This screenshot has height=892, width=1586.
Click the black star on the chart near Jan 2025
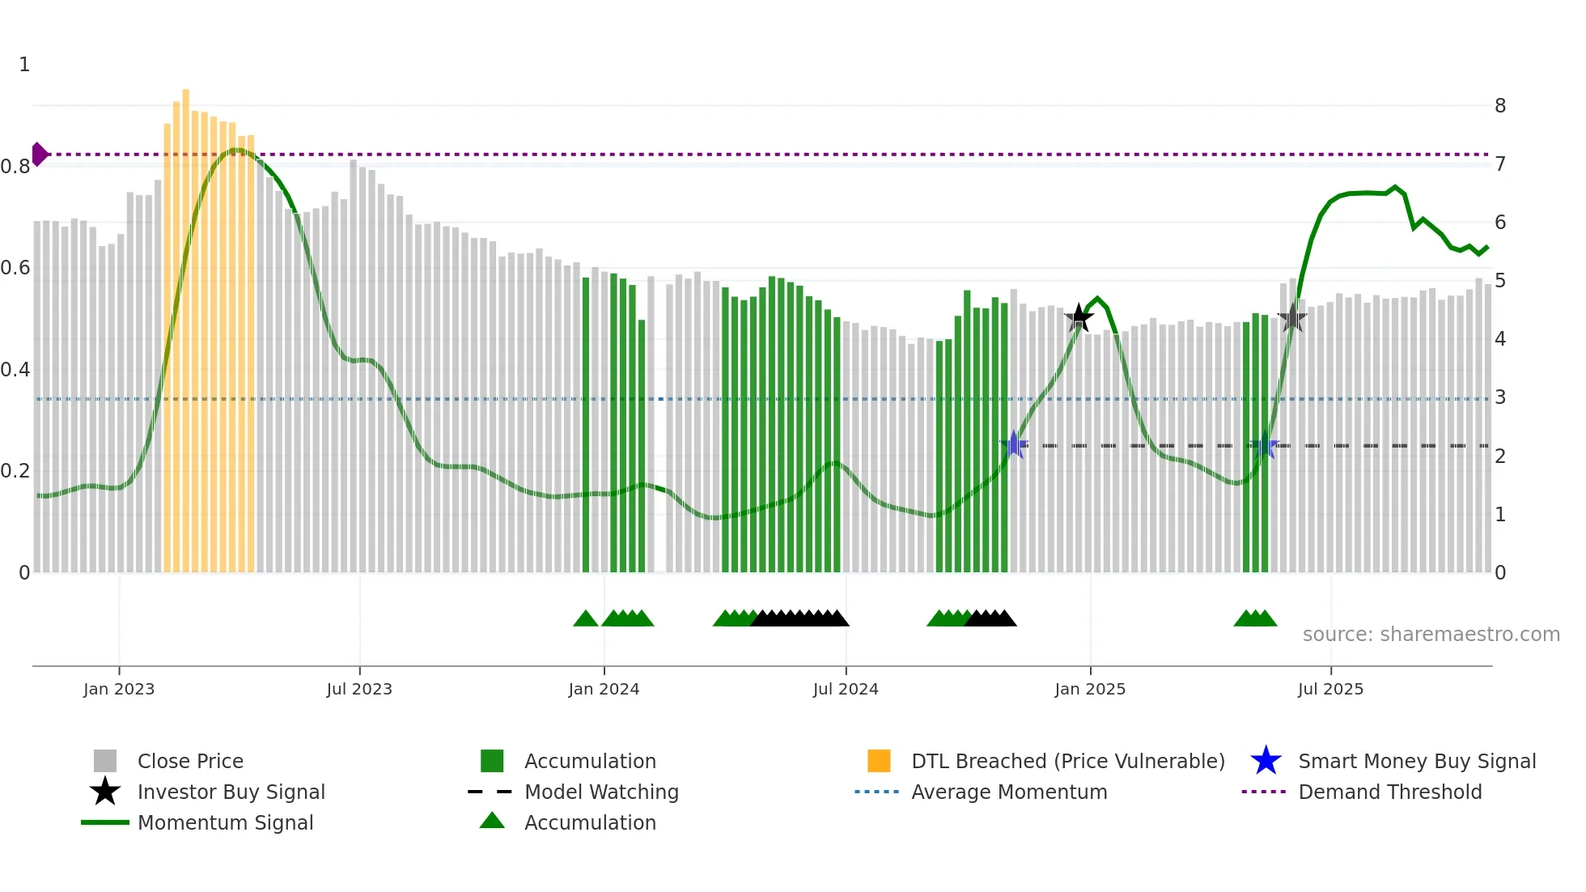(x=1079, y=318)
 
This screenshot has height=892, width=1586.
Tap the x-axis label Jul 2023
(x=359, y=689)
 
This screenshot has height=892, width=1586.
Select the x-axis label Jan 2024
(x=604, y=689)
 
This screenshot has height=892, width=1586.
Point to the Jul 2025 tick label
(x=1330, y=689)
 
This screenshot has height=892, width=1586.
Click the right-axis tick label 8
(x=1500, y=106)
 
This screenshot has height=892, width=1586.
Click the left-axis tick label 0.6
(x=15, y=268)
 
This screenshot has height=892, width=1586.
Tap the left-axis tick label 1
(x=24, y=65)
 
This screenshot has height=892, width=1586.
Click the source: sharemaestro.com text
(x=1431, y=635)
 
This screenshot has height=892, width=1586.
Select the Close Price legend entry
(x=189, y=761)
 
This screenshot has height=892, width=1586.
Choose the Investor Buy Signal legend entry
(x=231, y=792)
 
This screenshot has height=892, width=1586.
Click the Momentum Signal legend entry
(x=225, y=822)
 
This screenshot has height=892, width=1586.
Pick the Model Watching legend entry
(x=600, y=792)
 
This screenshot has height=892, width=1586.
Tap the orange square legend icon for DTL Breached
(x=879, y=761)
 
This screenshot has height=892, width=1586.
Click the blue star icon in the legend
(x=1266, y=761)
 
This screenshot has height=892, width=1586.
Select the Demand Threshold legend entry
(x=1389, y=792)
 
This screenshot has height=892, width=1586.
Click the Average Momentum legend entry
(x=1008, y=792)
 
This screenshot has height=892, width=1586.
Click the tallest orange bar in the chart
(x=186, y=324)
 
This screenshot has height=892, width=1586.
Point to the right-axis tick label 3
(x=1500, y=397)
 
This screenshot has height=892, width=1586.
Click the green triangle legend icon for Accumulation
(x=492, y=822)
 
